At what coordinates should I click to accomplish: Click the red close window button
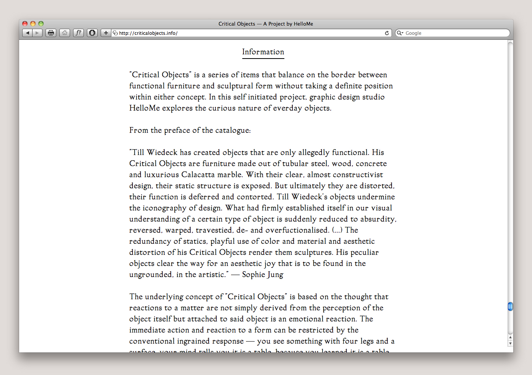click(25, 24)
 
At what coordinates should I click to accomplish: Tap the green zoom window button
click(41, 24)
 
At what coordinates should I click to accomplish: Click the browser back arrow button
click(27, 33)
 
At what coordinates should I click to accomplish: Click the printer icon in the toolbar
click(51, 33)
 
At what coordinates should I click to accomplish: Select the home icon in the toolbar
click(65, 33)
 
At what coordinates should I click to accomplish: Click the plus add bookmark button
click(106, 33)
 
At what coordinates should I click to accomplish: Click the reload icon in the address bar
click(387, 33)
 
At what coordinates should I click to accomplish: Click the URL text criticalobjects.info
click(148, 33)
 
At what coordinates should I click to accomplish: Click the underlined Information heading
click(263, 52)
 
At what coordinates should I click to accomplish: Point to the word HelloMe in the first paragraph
click(144, 108)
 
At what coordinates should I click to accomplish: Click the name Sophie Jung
click(263, 274)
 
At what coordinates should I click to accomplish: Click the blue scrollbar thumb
click(510, 307)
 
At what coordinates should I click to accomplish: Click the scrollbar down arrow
click(510, 343)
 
